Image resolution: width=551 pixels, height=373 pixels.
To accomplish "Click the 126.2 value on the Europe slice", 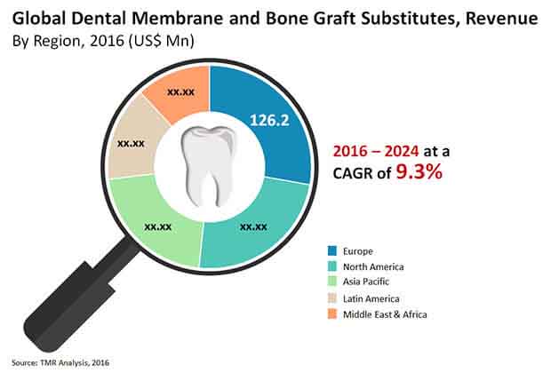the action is (x=269, y=120).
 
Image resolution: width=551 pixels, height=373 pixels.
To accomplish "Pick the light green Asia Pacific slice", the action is (x=158, y=225).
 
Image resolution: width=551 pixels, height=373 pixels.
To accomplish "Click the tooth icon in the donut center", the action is (x=207, y=166).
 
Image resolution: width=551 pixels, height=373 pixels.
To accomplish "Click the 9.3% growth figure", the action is (x=419, y=172).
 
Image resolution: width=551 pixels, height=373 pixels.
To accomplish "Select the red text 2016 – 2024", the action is (x=376, y=151).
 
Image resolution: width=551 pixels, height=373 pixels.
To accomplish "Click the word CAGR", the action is (x=353, y=173).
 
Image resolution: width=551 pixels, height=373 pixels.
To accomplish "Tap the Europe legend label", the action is (x=358, y=251).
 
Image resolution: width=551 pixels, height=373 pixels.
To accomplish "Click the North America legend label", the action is (x=373, y=267).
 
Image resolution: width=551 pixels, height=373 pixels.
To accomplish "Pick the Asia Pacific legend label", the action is (x=366, y=282).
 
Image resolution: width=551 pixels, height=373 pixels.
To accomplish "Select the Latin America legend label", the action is (x=371, y=299).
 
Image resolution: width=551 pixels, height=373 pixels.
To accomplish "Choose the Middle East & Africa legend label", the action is (x=385, y=314).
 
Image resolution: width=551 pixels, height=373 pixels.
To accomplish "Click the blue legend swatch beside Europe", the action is (x=332, y=250).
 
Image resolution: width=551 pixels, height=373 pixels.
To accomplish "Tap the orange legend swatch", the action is (x=332, y=314).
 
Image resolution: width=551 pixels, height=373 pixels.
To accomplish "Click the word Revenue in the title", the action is (x=501, y=19).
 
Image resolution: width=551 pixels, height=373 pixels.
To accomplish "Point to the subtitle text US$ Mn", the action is (x=161, y=42).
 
